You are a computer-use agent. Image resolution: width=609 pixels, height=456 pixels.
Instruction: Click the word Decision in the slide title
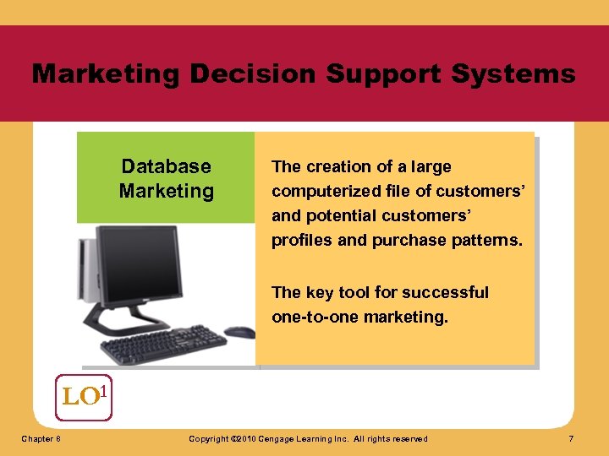point(253,74)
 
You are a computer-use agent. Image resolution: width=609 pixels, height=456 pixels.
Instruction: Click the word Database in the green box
point(167,166)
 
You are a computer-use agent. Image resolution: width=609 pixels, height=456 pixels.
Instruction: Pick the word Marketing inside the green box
point(167,191)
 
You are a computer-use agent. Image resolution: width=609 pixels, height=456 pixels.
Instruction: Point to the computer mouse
point(239,332)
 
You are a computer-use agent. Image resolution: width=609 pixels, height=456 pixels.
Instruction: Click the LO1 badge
point(84,396)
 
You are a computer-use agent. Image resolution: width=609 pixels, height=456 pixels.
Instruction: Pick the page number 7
point(572,439)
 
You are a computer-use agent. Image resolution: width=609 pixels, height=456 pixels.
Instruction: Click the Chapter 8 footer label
point(41,439)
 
